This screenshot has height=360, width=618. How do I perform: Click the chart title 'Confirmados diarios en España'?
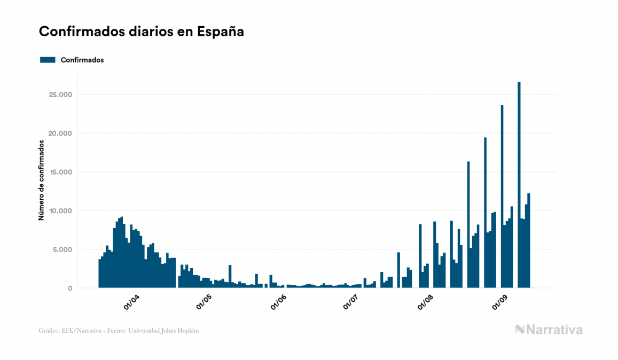click(x=141, y=32)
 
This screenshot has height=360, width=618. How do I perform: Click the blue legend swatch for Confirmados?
click(x=48, y=60)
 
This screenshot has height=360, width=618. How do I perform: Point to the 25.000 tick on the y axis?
click(x=59, y=95)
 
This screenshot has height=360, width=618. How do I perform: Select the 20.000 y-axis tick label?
click(x=59, y=134)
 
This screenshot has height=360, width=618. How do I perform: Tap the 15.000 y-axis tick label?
click(x=59, y=172)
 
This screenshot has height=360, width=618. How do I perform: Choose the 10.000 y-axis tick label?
click(x=59, y=211)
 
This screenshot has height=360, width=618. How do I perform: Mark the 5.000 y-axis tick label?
click(x=61, y=249)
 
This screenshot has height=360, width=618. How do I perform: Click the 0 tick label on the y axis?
click(x=70, y=288)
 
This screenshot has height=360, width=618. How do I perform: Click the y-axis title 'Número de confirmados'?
click(x=41, y=180)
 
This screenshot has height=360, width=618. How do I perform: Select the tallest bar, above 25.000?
click(x=519, y=185)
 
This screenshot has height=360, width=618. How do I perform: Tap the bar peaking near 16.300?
click(x=468, y=224)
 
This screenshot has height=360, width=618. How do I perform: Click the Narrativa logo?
click(x=549, y=330)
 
